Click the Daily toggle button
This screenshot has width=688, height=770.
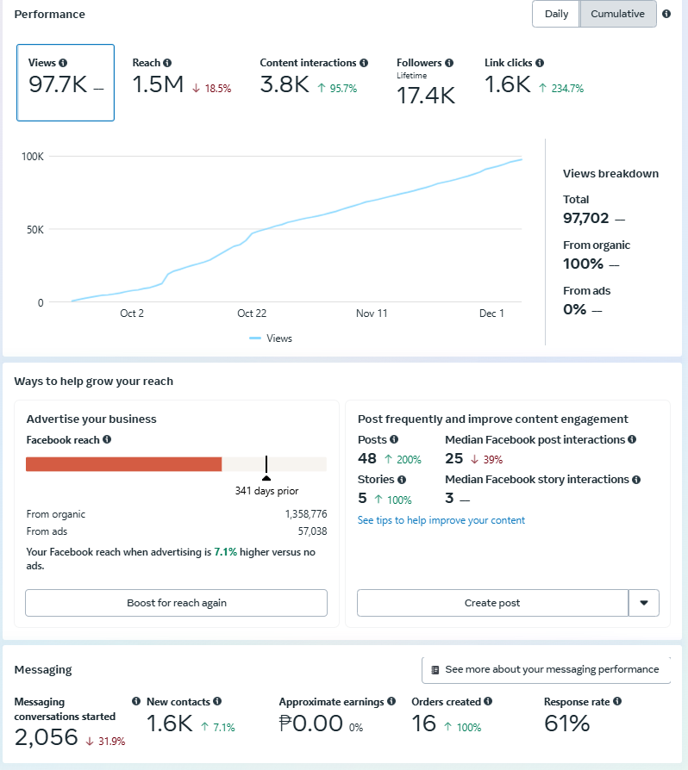click(556, 14)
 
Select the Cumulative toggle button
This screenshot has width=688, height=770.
click(617, 14)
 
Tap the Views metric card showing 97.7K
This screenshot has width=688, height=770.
click(66, 83)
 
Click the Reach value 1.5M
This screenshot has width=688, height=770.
click(158, 84)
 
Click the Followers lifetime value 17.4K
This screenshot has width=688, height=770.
click(426, 96)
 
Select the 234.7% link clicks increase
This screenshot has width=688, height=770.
click(561, 88)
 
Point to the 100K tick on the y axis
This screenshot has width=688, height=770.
click(33, 157)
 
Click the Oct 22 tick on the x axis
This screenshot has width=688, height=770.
click(252, 314)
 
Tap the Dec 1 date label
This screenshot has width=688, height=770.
click(491, 314)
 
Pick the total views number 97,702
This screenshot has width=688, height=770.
click(586, 219)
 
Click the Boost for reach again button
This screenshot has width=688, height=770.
click(176, 603)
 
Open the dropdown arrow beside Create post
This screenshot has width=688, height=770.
click(644, 603)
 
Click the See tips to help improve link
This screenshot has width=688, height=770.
click(441, 520)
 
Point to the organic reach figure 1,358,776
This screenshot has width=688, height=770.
click(305, 514)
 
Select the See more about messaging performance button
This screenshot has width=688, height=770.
click(546, 669)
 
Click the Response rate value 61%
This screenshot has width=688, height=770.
click(566, 724)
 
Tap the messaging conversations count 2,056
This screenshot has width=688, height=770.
click(46, 737)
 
